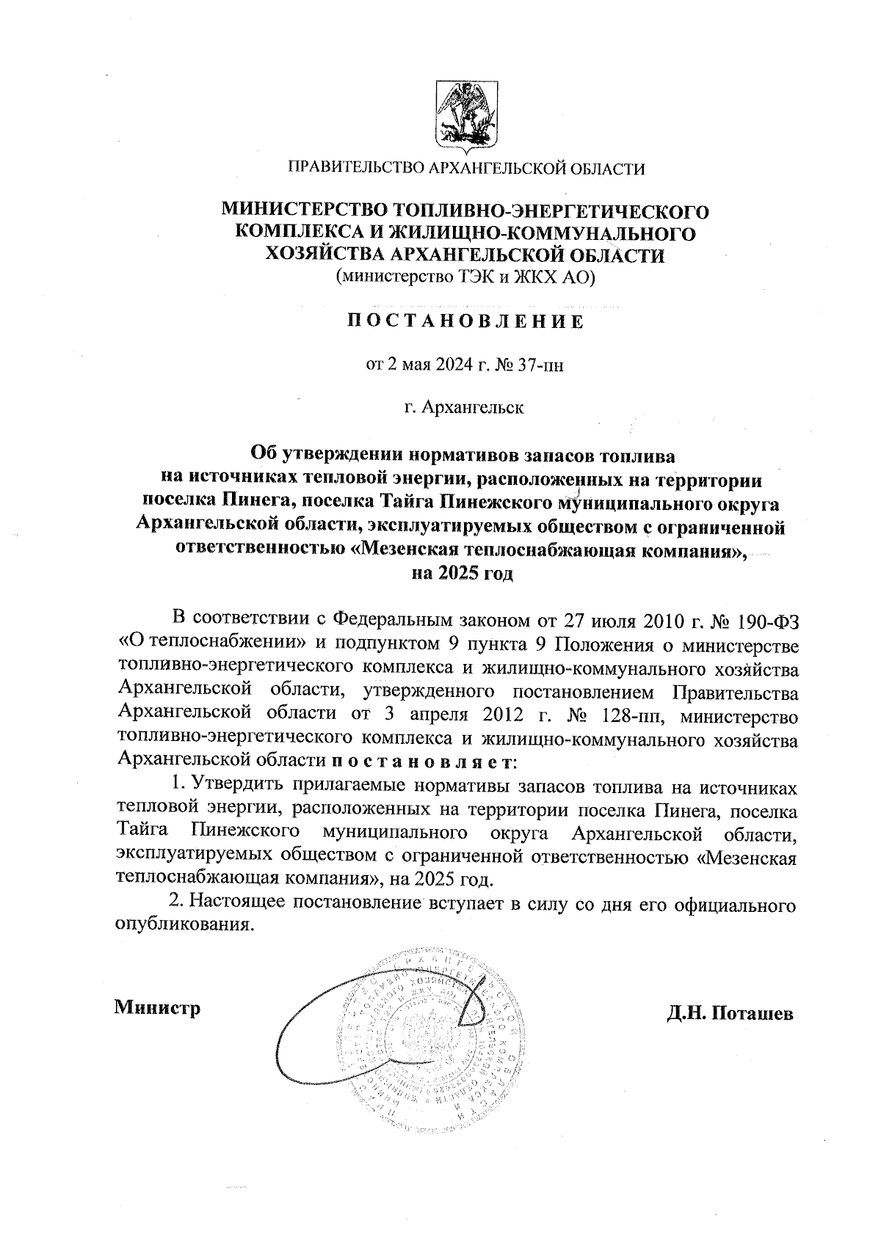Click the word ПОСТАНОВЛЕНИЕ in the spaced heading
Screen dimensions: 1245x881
[465, 321]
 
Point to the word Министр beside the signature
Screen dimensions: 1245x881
[157, 1007]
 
